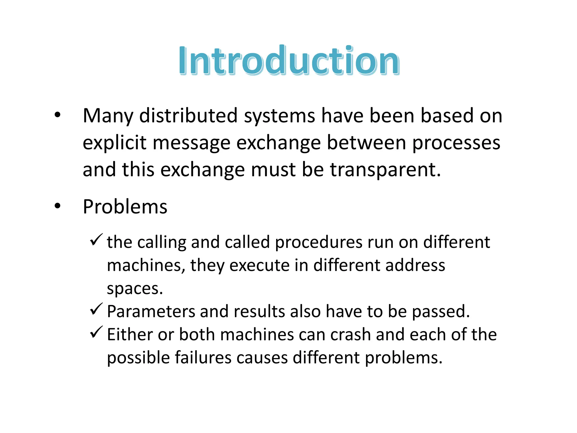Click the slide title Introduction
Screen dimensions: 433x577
tap(289, 61)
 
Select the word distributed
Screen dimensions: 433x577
tap(188, 116)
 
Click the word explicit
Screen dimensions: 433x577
tap(114, 143)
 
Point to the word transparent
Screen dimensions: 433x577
tap(385, 170)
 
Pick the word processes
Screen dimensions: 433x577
tap(456, 143)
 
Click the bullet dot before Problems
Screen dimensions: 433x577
tap(57, 206)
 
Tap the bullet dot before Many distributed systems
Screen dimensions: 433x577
tap(57, 115)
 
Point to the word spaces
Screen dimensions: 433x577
tap(135, 289)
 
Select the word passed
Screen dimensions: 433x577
tap(441, 312)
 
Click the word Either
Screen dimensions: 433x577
tap(130, 335)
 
